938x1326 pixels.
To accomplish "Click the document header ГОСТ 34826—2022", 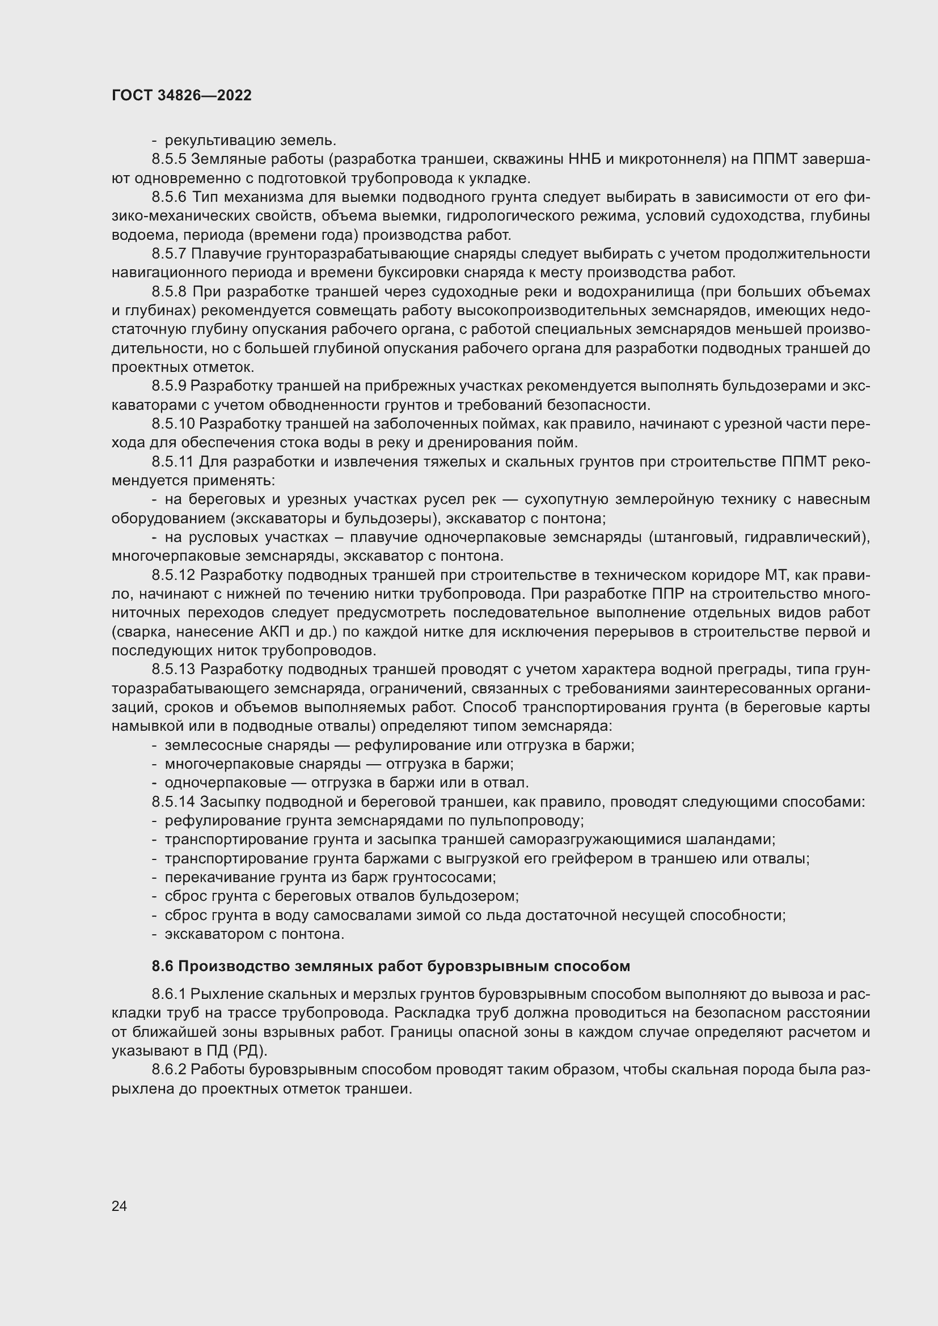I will [181, 96].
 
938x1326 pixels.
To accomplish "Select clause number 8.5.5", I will [169, 159].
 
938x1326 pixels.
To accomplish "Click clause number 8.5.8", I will [169, 291].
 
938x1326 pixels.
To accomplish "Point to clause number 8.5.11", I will [172, 462].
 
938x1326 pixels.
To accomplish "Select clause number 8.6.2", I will [169, 1070].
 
